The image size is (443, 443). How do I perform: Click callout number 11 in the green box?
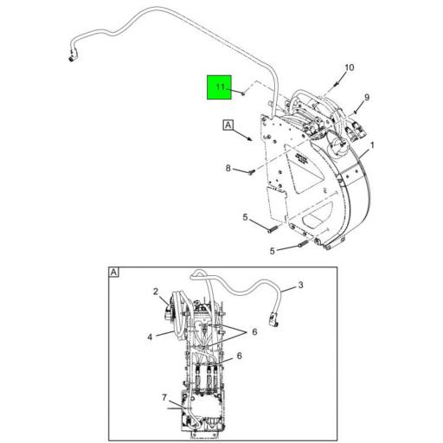click(x=220, y=87)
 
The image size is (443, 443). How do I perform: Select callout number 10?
click(x=350, y=67)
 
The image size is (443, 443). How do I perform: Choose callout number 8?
click(x=228, y=168)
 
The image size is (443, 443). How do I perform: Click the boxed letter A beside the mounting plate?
click(x=228, y=125)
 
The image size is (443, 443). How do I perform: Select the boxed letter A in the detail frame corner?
click(x=113, y=272)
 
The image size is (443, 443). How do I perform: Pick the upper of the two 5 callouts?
click(x=245, y=216)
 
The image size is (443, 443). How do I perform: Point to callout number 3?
click(x=300, y=285)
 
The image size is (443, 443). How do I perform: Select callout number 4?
click(x=149, y=336)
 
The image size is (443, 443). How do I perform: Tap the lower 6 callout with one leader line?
click(x=239, y=355)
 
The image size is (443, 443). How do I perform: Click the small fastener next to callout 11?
click(x=245, y=90)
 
